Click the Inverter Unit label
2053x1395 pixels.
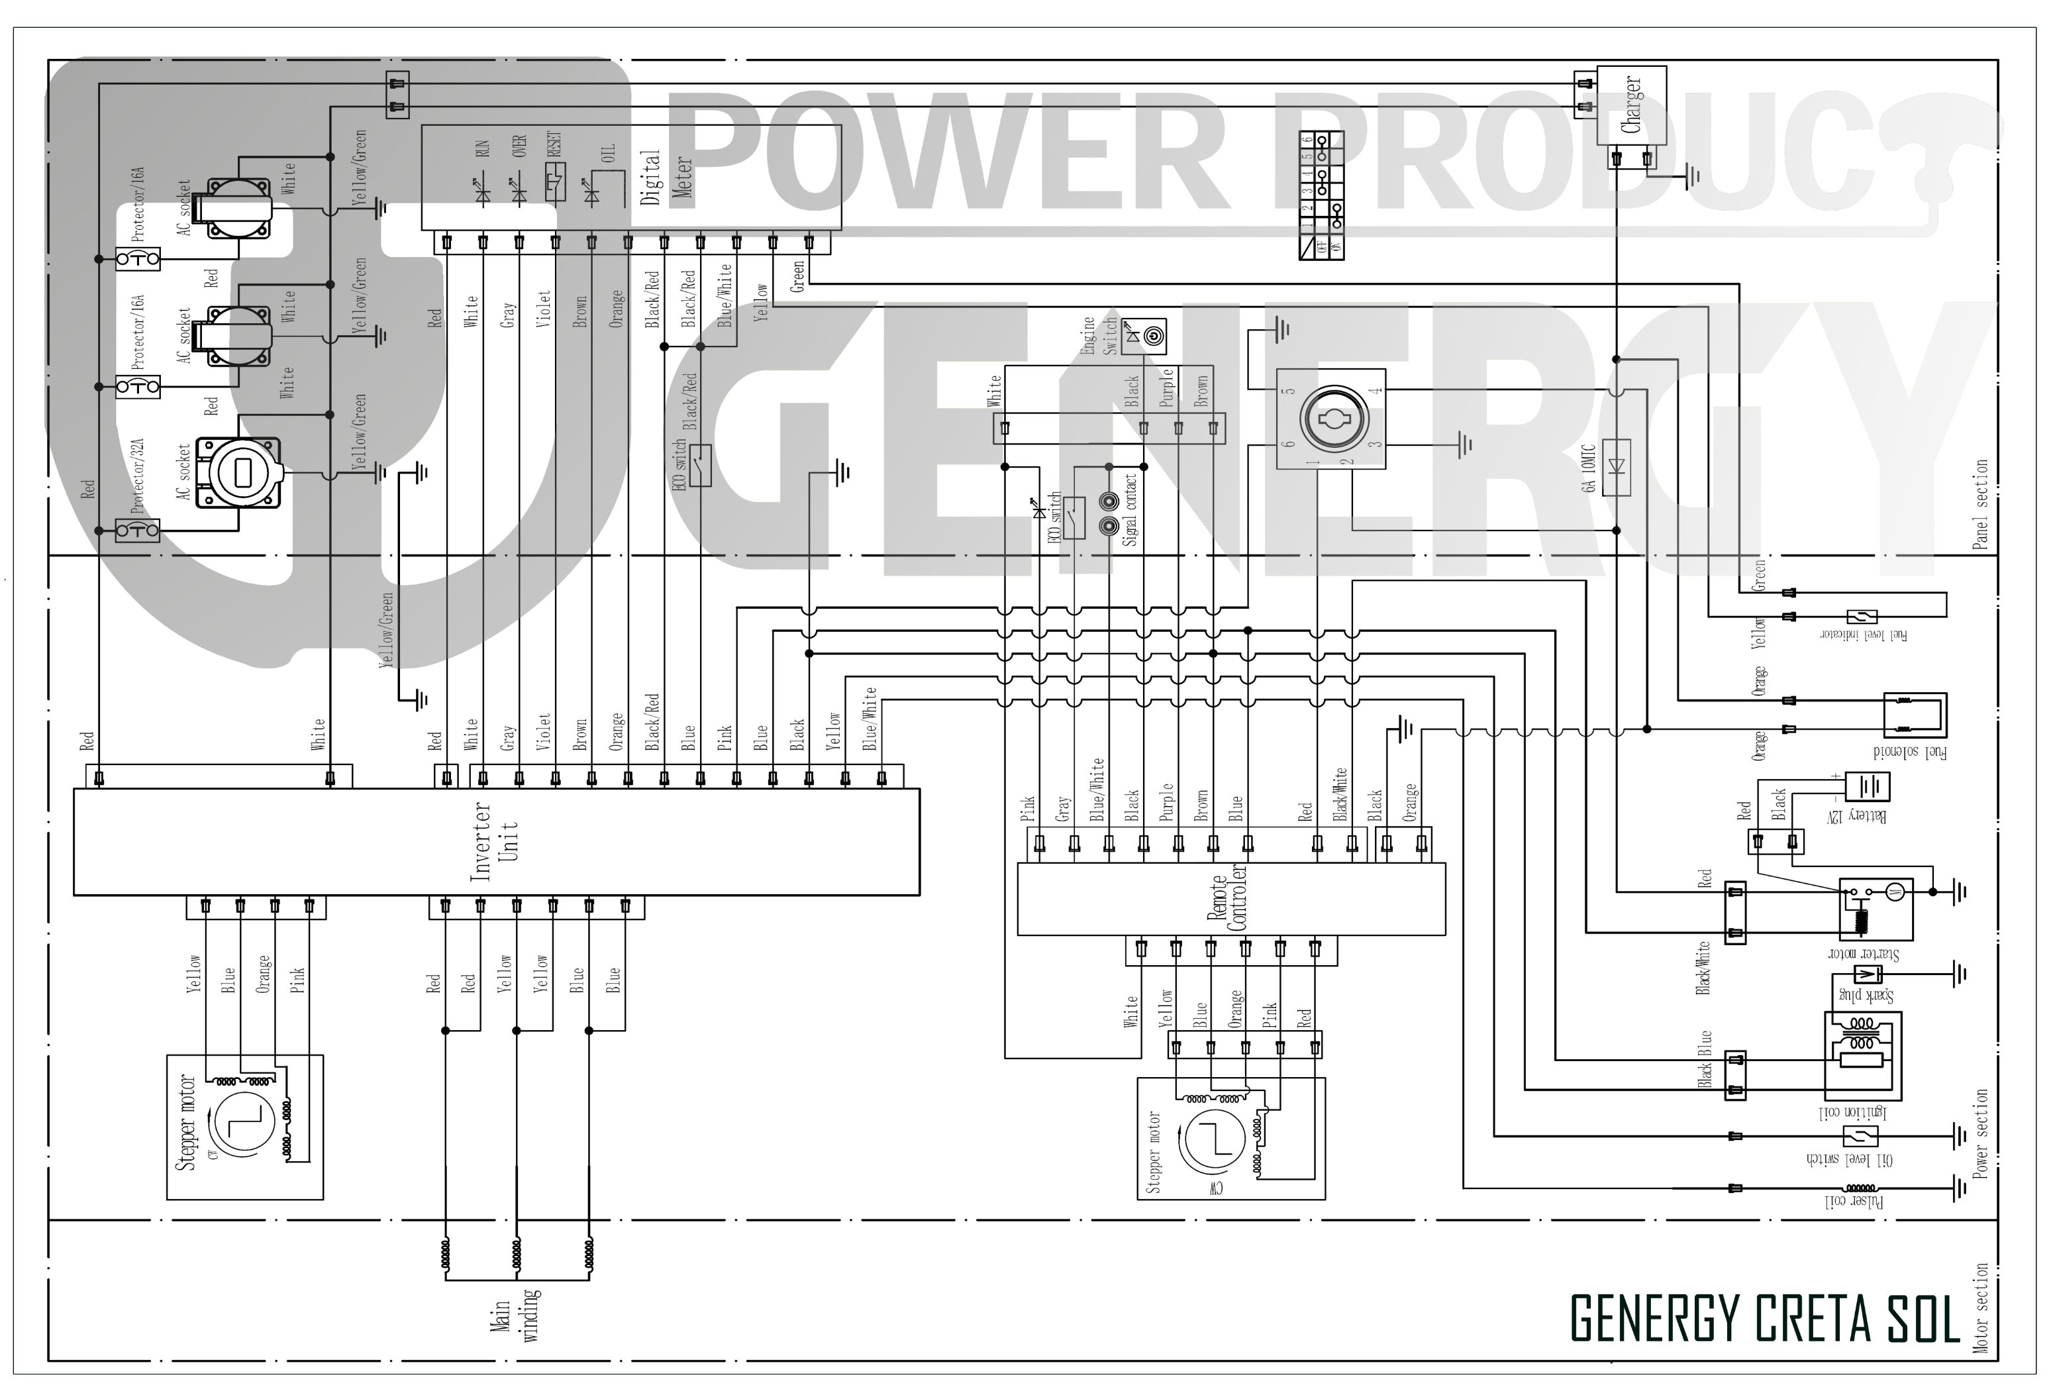point(495,841)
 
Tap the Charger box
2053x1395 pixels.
point(1630,105)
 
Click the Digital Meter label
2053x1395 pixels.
point(665,178)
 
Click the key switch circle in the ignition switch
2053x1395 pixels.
point(1333,418)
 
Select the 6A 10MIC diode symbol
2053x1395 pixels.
point(1616,466)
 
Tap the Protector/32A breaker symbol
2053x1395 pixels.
point(138,530)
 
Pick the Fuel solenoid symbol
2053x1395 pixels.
point(1915,715)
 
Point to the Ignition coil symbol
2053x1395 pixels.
point(1862,1055)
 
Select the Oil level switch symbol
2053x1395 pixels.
point(1860,1136)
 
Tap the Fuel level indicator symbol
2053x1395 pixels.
point(1862,616)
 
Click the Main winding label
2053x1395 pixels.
point(516,1316)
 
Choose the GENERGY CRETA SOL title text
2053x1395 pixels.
point(1765,1319)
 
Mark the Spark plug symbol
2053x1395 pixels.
point(1866,975)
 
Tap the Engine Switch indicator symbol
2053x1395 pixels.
point(1144,336)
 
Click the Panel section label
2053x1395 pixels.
point(1981,503)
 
